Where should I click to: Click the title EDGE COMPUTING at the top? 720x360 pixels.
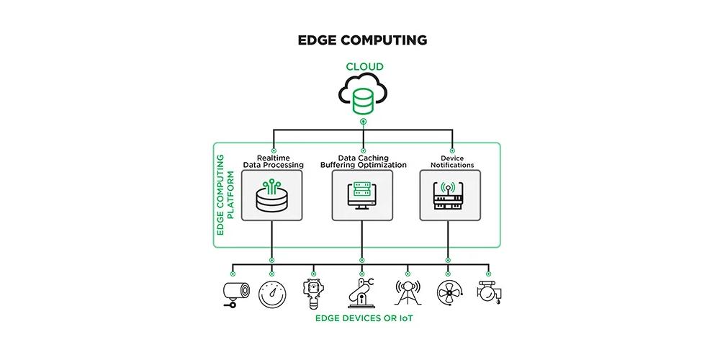(362, 39)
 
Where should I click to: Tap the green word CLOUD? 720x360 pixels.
(364, 67)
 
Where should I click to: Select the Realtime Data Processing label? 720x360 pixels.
(271, 161)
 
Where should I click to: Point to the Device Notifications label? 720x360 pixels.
(452, 161)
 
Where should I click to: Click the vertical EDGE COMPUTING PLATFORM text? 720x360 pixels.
(225, 195)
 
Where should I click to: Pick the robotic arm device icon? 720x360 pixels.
(362, 292)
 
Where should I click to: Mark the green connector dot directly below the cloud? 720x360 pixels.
(364, 122)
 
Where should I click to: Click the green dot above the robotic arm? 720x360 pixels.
(362, 274)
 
